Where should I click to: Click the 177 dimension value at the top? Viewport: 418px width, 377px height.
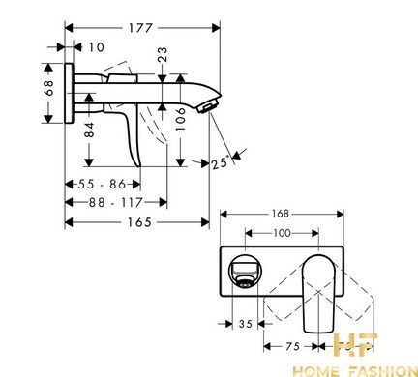coord(140,28)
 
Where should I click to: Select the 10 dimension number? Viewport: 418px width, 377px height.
coord(97,47)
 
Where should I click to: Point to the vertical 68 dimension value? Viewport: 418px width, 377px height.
coord(48,88)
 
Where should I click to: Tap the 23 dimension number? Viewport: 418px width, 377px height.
coord(163,54)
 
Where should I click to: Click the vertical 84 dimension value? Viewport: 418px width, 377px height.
coord(89,130)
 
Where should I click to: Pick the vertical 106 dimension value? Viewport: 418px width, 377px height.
coord(181,119)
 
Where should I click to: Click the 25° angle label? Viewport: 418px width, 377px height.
coord(221,162)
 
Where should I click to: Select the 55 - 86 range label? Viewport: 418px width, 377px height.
coord(102,185)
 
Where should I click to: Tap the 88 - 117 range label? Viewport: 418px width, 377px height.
coord(115,203)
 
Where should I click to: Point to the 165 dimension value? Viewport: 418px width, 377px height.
coord(139,222)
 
